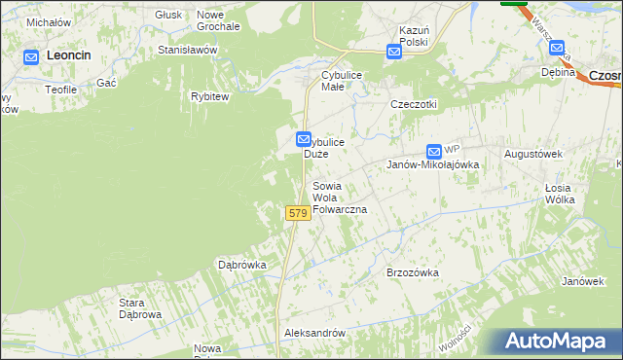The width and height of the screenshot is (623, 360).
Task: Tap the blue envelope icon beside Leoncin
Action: (31, 56)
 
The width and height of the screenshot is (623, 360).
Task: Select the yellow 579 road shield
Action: (298, 212)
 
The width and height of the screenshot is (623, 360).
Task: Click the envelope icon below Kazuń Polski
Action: (394, 53)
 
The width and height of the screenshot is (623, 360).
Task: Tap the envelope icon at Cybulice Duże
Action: (304, 141)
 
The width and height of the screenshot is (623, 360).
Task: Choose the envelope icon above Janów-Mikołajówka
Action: (434, 151)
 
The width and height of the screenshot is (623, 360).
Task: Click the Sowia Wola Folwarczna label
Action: (338, 198)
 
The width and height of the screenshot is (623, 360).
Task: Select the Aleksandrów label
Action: (314, 333)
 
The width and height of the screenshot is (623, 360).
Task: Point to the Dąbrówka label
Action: (241, 265)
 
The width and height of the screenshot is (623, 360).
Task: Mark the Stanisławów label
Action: (186, 49)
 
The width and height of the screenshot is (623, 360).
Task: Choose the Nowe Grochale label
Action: (218, 20)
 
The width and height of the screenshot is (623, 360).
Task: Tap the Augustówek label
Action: (533, 154)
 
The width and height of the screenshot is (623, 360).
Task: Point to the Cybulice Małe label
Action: (335, 80)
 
